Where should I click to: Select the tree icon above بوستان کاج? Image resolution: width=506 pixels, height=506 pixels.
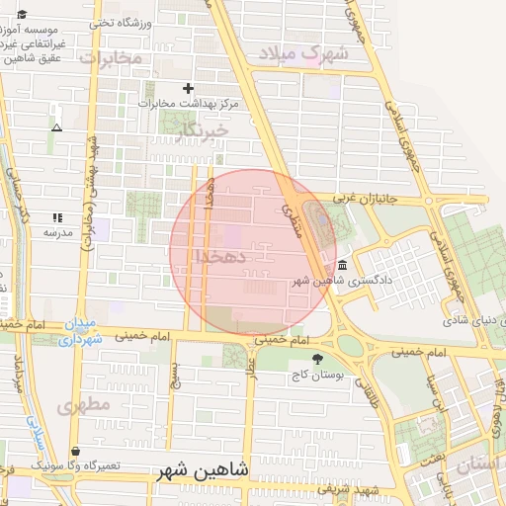(x=317, y=360)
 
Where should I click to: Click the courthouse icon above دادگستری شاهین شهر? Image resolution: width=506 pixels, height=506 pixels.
(x=342, y=266)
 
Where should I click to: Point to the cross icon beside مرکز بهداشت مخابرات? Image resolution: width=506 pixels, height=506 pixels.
(x=188, y=88)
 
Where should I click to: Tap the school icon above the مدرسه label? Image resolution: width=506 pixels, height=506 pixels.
(x=57, y=217)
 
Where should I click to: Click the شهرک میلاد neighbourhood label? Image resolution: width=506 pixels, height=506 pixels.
(x=304, y=53)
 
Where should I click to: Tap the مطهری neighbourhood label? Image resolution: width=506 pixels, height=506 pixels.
(x=81, y=405)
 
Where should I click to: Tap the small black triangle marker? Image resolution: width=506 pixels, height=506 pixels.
(x=56, y=127)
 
